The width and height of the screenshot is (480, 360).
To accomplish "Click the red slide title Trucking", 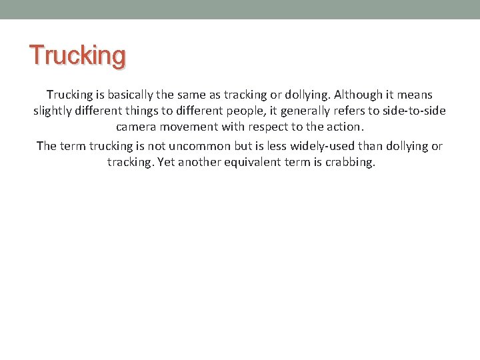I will (x=77, y=55).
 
